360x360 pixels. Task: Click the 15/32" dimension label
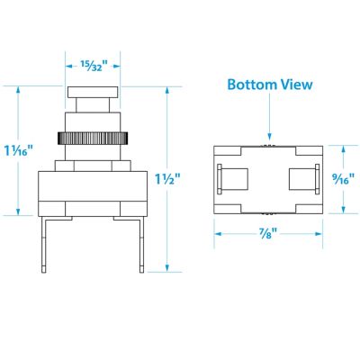point(94,65)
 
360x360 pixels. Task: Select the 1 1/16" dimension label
point(18,150)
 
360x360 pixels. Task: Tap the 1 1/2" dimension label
point(167,179)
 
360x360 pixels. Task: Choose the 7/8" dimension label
point(268,233)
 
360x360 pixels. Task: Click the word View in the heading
point(296,85)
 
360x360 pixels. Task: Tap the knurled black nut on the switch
point(93,138)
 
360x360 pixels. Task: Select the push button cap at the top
point(93,92)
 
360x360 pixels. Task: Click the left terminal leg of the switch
point(44,245)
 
